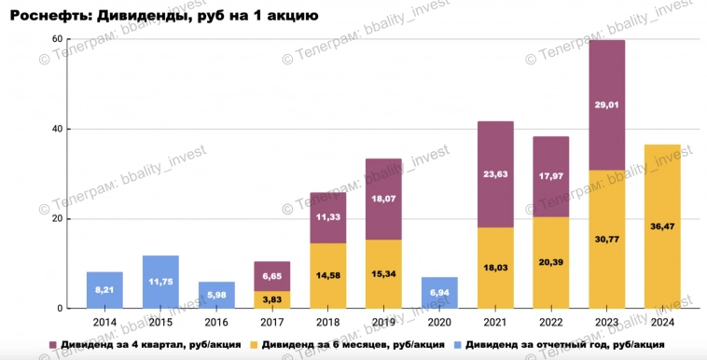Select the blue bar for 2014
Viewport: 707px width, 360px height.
coord(104,290)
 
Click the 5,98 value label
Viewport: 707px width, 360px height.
coord(216,294)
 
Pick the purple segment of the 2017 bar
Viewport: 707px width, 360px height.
coord(272,276)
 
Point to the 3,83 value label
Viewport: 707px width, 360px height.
coord(272,298)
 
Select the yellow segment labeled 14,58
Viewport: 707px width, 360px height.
coord(328,276)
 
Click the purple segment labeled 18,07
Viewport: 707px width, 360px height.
coord(383,199)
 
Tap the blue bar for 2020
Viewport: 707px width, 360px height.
coord(439,292)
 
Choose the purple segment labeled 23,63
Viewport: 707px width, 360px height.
coord(495,173)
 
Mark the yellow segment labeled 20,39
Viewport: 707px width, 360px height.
coord(551,262)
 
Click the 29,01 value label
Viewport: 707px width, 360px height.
coord(606,105)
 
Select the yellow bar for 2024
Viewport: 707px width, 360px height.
coord(662,226)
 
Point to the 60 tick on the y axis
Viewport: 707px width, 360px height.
coord(56,39)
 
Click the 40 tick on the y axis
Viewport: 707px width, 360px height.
coord(56,129)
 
